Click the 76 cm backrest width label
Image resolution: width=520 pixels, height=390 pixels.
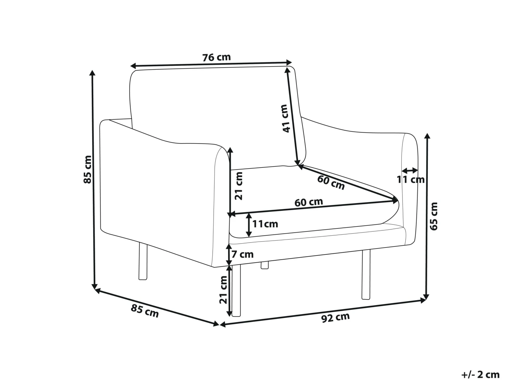click(x=216, y=57)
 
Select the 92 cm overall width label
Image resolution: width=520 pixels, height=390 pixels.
click(x=335, y=318)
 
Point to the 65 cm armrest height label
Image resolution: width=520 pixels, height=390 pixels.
click(x=434, y=216)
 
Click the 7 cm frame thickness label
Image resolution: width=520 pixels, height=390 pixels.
click(x=242, y=254)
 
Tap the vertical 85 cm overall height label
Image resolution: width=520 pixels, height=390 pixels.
click(x=87, y=169)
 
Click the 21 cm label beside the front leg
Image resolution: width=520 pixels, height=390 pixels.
click(x=223, y=289)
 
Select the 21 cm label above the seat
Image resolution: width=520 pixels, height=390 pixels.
click(x=239, y=186)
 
